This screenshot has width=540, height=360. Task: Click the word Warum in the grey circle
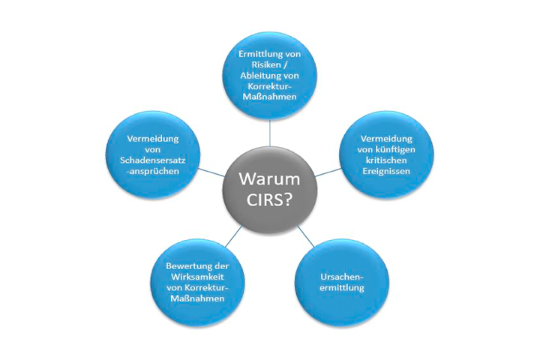pos(270,178)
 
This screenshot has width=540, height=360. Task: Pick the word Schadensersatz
pos(152,160)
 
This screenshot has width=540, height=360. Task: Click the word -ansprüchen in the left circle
pos(152,171)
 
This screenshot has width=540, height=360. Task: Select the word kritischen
pos(386,160)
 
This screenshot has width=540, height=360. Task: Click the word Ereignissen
pos(386,171)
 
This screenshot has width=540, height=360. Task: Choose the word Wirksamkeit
pos(198,277)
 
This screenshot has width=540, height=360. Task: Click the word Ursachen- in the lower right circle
pos(342,277)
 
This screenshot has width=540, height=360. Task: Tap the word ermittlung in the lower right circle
pos(342,288)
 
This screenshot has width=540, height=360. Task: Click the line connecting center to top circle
pos(270,133)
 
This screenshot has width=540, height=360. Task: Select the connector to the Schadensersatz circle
pos(211,172)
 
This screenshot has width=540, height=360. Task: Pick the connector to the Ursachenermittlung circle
pos(306,236)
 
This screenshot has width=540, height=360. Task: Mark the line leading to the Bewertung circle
pos(234,236)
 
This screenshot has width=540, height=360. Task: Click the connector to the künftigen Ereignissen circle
pos(328,172)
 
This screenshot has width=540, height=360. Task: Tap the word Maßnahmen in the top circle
pos(270,97)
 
